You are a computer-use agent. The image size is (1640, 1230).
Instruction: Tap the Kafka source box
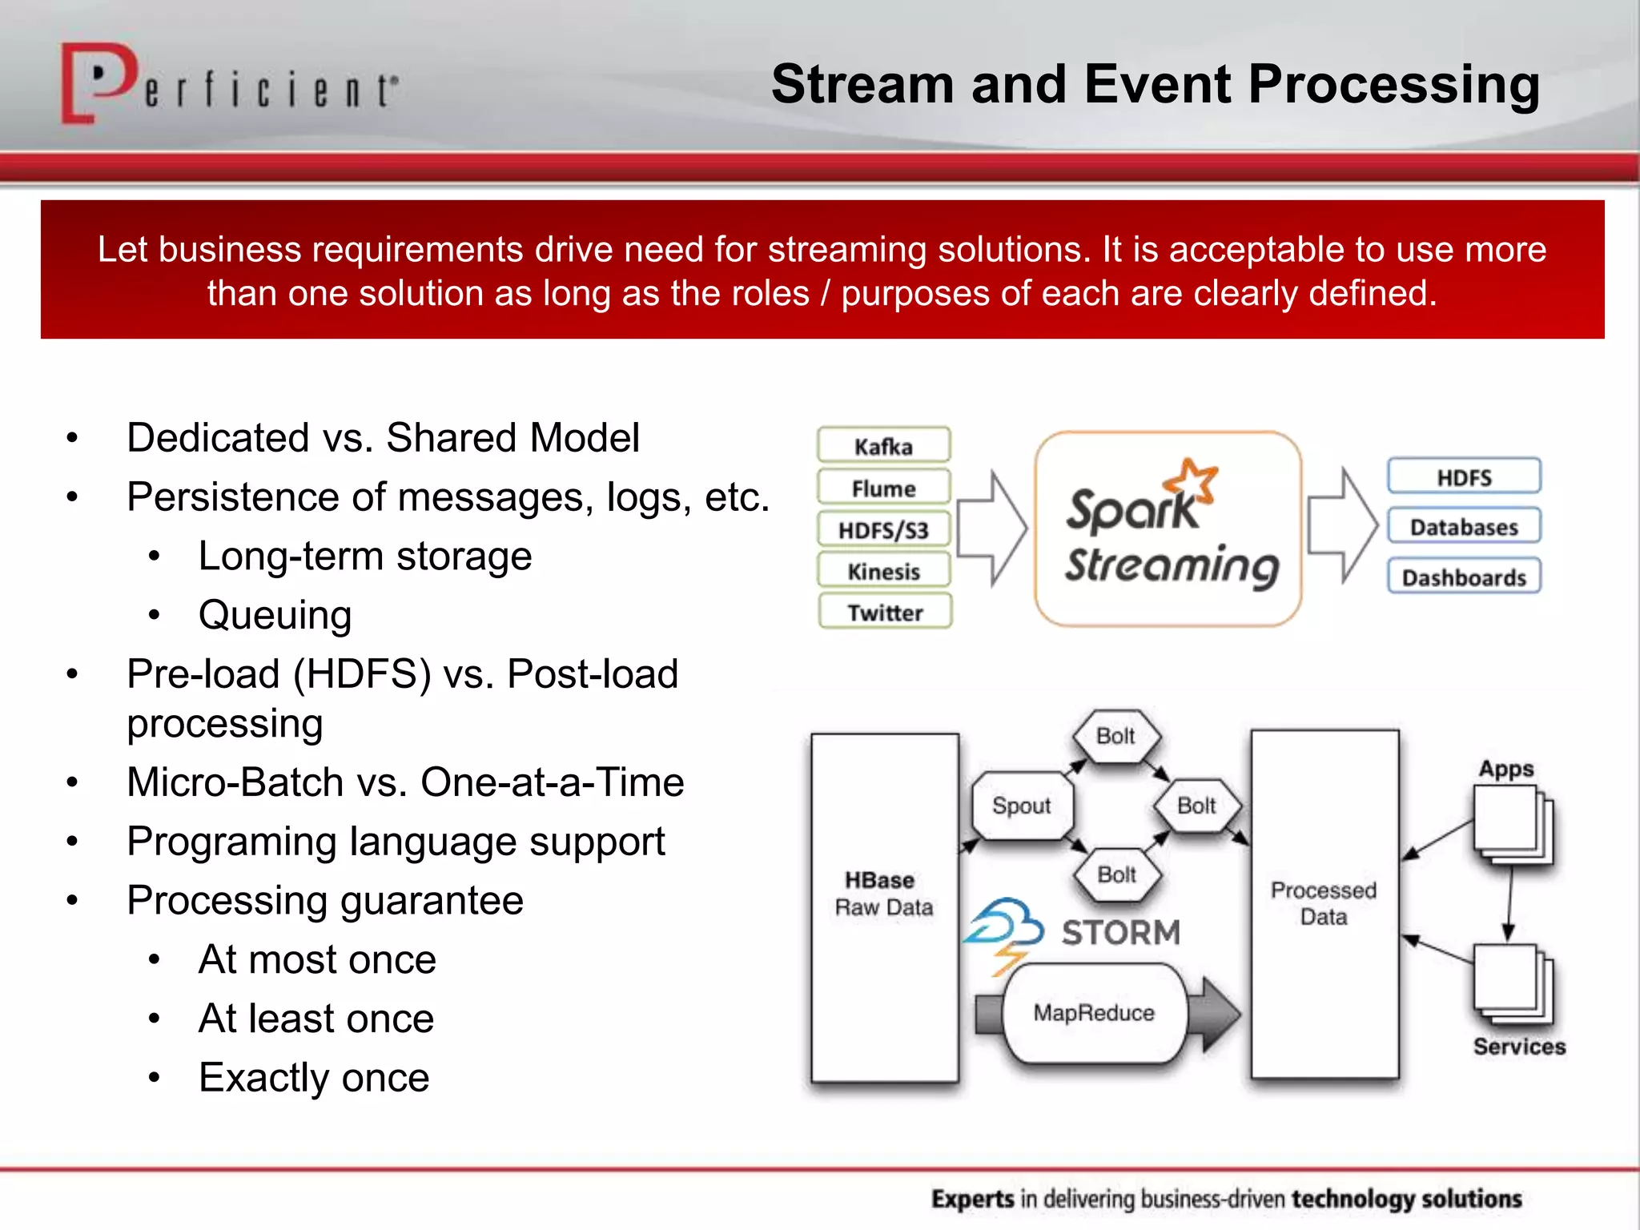point(883,446)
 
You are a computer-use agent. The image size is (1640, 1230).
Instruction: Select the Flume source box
point(883,488)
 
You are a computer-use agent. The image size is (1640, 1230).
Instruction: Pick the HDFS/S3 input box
point(883,529)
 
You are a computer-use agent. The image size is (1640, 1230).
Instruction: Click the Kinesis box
point(883,571)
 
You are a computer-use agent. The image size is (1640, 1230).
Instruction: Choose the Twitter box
point(885,613)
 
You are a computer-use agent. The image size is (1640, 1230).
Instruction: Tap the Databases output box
point(1464,527)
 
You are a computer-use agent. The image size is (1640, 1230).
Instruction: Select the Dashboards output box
point(1464,577)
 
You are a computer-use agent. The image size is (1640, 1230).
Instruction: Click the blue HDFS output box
point(1464,477)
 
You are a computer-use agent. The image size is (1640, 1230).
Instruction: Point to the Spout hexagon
point(1021,806)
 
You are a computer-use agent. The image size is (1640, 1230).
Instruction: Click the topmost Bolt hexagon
point(1115,736)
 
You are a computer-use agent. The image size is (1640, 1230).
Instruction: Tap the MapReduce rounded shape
point(1094,1013)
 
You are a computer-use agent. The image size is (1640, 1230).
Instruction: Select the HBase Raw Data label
point(883,894)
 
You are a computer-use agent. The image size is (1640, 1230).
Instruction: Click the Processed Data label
point(1324,903)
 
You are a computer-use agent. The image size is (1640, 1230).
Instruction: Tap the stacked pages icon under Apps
point(1512,825)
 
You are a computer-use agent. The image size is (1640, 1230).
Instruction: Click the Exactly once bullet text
point(314,1077)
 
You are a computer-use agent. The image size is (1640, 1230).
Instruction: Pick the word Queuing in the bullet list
point(275,615)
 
